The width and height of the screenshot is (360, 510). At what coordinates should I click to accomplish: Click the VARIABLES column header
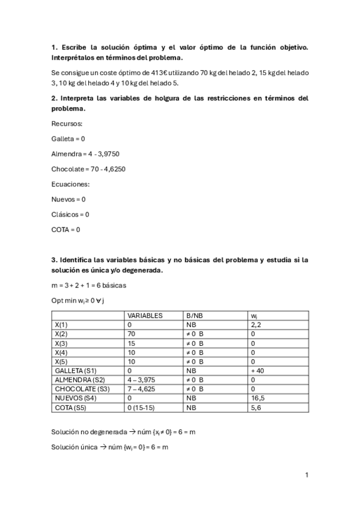(145, 315)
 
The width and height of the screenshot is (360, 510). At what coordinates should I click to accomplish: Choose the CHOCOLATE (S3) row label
(81, 389)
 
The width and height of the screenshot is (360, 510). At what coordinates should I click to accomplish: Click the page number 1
(307, 475)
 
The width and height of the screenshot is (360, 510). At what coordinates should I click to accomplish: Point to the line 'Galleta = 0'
(69, 138)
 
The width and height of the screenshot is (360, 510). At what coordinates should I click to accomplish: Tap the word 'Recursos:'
(67, 123)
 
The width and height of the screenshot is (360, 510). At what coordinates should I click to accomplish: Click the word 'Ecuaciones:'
(71, 184)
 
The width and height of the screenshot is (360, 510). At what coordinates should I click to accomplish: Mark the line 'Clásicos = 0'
(70, 214)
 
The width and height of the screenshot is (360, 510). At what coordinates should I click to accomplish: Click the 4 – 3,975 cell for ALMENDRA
(144, 380)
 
